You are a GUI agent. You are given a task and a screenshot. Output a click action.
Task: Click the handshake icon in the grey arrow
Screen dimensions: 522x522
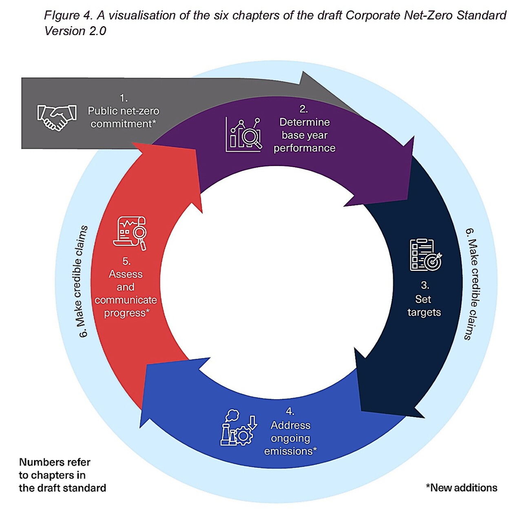(57, 117)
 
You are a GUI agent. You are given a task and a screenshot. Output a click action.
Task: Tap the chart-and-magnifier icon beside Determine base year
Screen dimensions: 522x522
(243, 135)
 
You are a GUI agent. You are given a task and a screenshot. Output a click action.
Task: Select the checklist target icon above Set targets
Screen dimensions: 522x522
(425, 255)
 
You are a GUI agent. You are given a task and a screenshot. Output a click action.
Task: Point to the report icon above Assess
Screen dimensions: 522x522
(130, 233)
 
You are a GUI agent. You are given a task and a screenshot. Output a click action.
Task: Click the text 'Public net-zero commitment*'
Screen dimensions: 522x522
(123, 117)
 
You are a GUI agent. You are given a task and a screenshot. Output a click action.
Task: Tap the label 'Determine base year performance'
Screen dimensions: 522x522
(304, 135)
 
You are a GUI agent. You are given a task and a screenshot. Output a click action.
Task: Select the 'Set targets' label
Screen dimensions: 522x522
(424, 306)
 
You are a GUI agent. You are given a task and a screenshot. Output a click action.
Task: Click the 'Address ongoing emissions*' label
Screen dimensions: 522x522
(290, 438)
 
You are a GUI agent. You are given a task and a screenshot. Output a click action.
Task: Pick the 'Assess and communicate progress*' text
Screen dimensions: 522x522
(126, 293)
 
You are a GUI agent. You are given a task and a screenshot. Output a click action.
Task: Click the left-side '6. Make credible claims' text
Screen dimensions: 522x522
(82, 281)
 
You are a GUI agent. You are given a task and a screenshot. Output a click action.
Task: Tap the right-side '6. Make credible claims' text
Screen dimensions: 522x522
(472, 284)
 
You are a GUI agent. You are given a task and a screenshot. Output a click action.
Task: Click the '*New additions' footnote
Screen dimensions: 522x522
(462, 488)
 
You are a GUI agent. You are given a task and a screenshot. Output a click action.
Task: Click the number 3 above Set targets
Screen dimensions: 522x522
(425, 285)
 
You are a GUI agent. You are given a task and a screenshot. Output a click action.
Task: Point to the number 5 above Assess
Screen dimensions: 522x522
(126, 261)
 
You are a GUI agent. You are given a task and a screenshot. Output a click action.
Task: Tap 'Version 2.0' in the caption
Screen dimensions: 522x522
(75, 31)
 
